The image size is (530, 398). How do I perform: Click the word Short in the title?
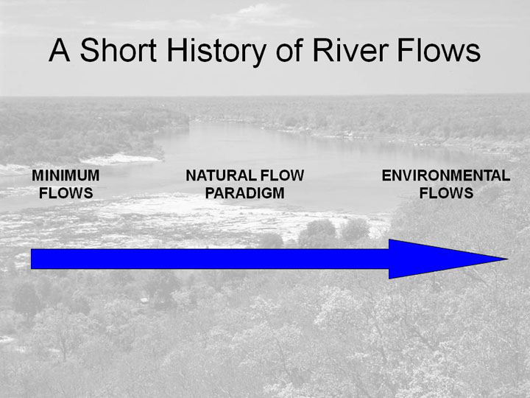[119, 50]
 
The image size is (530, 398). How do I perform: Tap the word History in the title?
[216, 52]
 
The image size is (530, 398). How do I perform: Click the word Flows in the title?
[439, 50]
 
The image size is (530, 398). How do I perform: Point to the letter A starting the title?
[60, 50]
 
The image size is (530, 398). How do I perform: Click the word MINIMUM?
[66, 175]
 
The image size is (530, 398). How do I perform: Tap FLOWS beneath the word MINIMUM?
[66, 193]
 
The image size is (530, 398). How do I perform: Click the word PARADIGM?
[244, 193]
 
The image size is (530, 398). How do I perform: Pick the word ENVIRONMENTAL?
[446, 175]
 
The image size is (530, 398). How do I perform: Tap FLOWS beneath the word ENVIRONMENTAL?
[446, 193]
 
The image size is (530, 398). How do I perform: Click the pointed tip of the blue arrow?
[507, 259]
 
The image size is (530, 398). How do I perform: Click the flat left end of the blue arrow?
[31, 259]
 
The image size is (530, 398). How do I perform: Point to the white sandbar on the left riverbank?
[120, 159]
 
